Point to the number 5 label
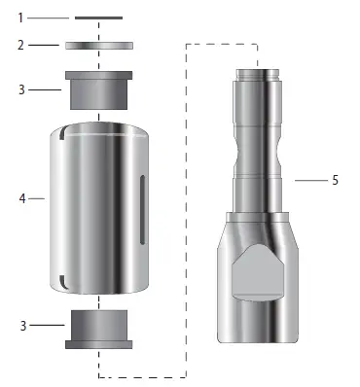335,180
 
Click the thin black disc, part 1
98,18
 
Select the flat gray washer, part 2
98,45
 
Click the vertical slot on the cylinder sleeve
143,209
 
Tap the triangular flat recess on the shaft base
259,271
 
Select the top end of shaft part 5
259,70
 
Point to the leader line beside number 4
37,198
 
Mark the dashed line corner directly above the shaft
257,44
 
